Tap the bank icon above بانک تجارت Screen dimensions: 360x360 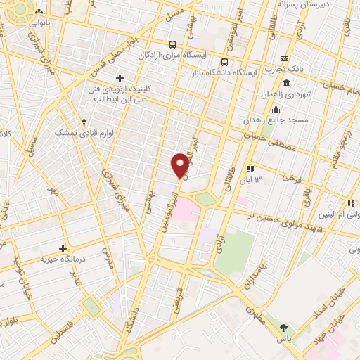pyautogui.click(x=284, y=58)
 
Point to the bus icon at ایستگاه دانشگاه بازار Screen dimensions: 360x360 pyautogui.click(x=224, y=60)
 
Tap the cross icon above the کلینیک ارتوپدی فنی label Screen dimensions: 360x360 pyautogui.click(x=120, y=78)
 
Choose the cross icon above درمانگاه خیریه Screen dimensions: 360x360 pyautogui.click(x=63, y=247)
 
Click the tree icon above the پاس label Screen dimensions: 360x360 pyautogui.click(x=284, y=327)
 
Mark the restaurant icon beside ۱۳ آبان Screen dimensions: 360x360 pyautogui.click(x=250, y=169)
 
